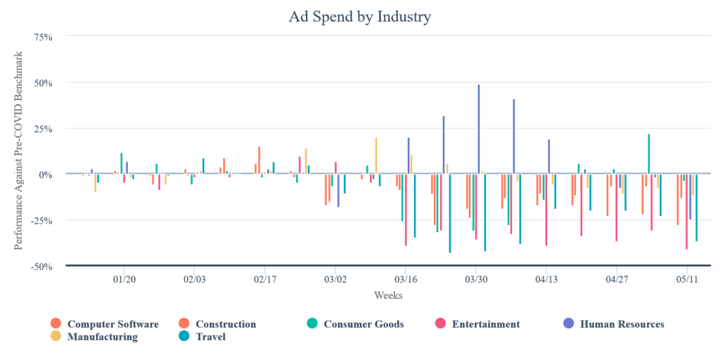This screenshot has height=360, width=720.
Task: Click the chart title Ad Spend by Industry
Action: pyautogui.click(x=359, y=16)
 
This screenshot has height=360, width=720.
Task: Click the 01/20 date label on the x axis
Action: pyautogui.click(x=124, y=279)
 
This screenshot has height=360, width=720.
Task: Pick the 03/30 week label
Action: pyautogui.click(x=476, y=279)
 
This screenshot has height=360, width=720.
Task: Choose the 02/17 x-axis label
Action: pyautogui.click(x=264, y=279)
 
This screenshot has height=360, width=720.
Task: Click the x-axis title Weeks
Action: pyautogui.click(x=388, y=295)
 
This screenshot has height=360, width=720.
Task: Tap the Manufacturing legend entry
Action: pyautogui.click(x=102, y=337)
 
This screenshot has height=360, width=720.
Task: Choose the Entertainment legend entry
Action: pyautogui.click(x=485, y=324)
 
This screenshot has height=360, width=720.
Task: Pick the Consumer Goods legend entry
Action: pyautogui.click(x=363, y=324)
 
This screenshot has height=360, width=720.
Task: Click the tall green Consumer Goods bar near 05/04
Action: pyautogui.click(x=648, y=154)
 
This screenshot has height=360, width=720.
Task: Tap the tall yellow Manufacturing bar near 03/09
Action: pyautogui.click(x=376, y=155)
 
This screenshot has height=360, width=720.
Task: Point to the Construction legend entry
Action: pyautogui.click(x=225, y=324)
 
